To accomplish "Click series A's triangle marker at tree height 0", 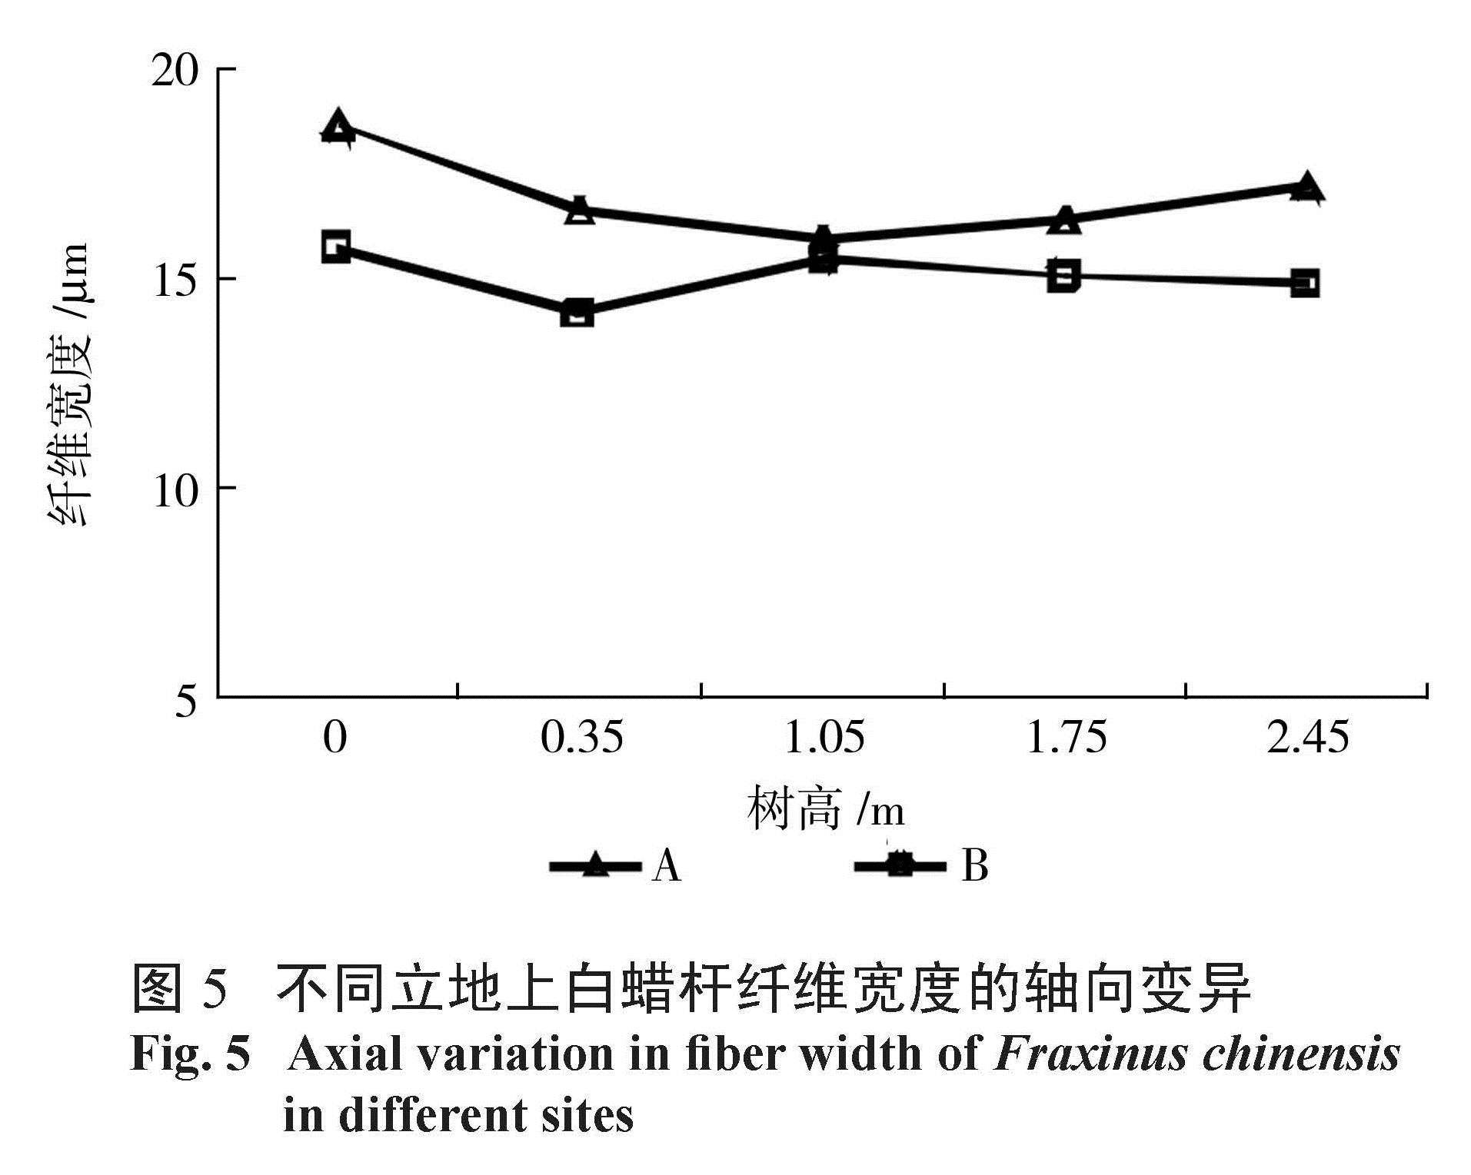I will point(338,127).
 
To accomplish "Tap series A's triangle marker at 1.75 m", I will point(1065,220).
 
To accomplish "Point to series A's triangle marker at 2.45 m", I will point(1306,188).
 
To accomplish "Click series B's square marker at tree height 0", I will point(336,247).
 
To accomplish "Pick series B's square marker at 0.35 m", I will point(577,313).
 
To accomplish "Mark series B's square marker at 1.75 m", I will point(1063,275).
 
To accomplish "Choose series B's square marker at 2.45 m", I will point(1305,284).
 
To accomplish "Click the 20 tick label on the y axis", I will point(175,71).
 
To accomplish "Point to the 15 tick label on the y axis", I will point(175,280).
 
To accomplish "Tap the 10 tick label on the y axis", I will point(175,490).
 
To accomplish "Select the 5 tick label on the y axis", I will point(186,699).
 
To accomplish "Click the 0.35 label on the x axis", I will point(581,736).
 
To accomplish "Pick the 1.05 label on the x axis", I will point(824,736).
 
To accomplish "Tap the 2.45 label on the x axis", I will point(1307,736).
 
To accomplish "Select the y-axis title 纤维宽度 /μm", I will point(72,384).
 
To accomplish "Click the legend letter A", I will point(666,866).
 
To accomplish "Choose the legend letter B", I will point(974,865).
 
